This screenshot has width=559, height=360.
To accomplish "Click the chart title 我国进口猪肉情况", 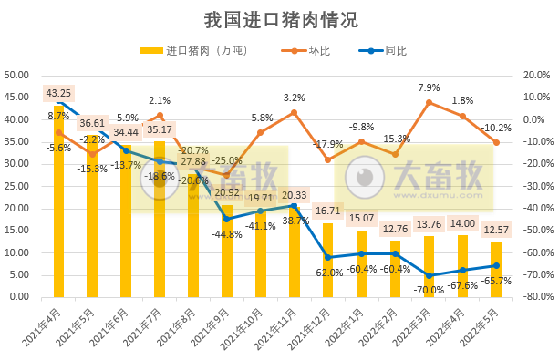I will click(280, 20).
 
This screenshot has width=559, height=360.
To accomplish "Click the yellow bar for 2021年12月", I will click(328, 260).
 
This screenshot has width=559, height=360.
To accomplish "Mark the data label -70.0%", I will click(429, 289).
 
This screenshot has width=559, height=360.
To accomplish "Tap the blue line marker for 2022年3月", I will click(429, 275).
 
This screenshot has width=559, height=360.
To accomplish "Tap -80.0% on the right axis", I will click(535, 297).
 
